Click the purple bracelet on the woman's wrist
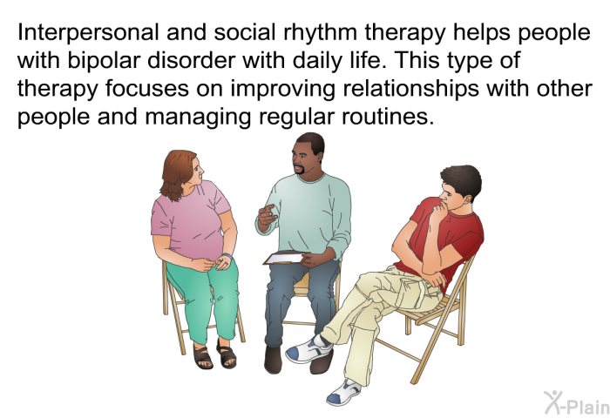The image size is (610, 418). pyautogui.click(x=227, y=256)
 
